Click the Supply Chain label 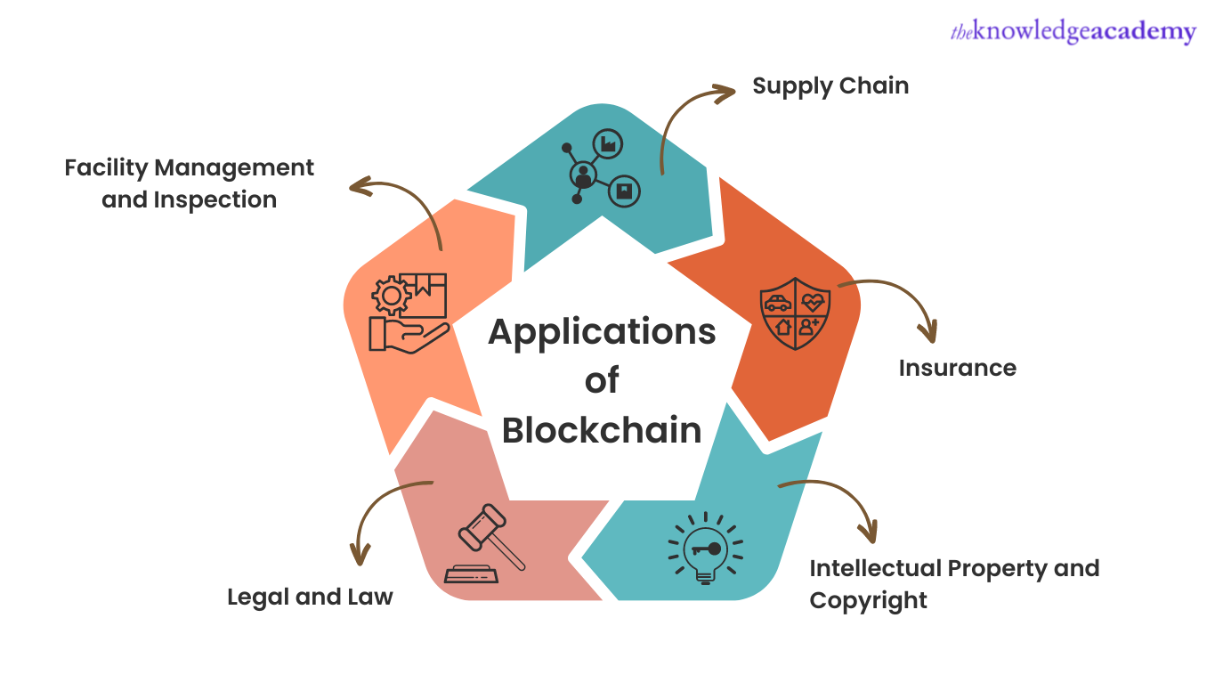[830, 86]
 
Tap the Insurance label [957, 368]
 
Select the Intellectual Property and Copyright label [953, 584]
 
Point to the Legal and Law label [310, 597]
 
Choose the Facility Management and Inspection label [189, 183]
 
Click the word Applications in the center [602, 332]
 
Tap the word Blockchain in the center [602, 430]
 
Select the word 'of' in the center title [602, 381]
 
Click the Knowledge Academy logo [1073, 33]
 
